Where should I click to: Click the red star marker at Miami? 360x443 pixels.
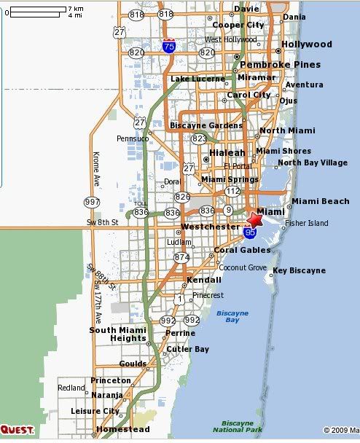[256, 219]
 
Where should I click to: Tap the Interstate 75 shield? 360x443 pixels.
[169, 46]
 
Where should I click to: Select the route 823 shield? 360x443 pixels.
[199, 138]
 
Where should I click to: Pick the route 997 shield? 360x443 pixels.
[93, 201]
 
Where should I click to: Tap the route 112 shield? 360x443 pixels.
[232, 191]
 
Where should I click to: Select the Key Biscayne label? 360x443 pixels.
[299, 270]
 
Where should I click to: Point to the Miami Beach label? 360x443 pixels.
[321, 201]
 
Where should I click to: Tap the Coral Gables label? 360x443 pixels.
[242, 250]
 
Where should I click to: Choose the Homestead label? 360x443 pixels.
[117, 429]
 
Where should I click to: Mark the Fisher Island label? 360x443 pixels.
[307, 223]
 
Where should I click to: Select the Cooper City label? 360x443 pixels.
[238, 24]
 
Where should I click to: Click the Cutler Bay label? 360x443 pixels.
[187, 349]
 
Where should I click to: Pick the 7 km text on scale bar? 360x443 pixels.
[75, 8]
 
